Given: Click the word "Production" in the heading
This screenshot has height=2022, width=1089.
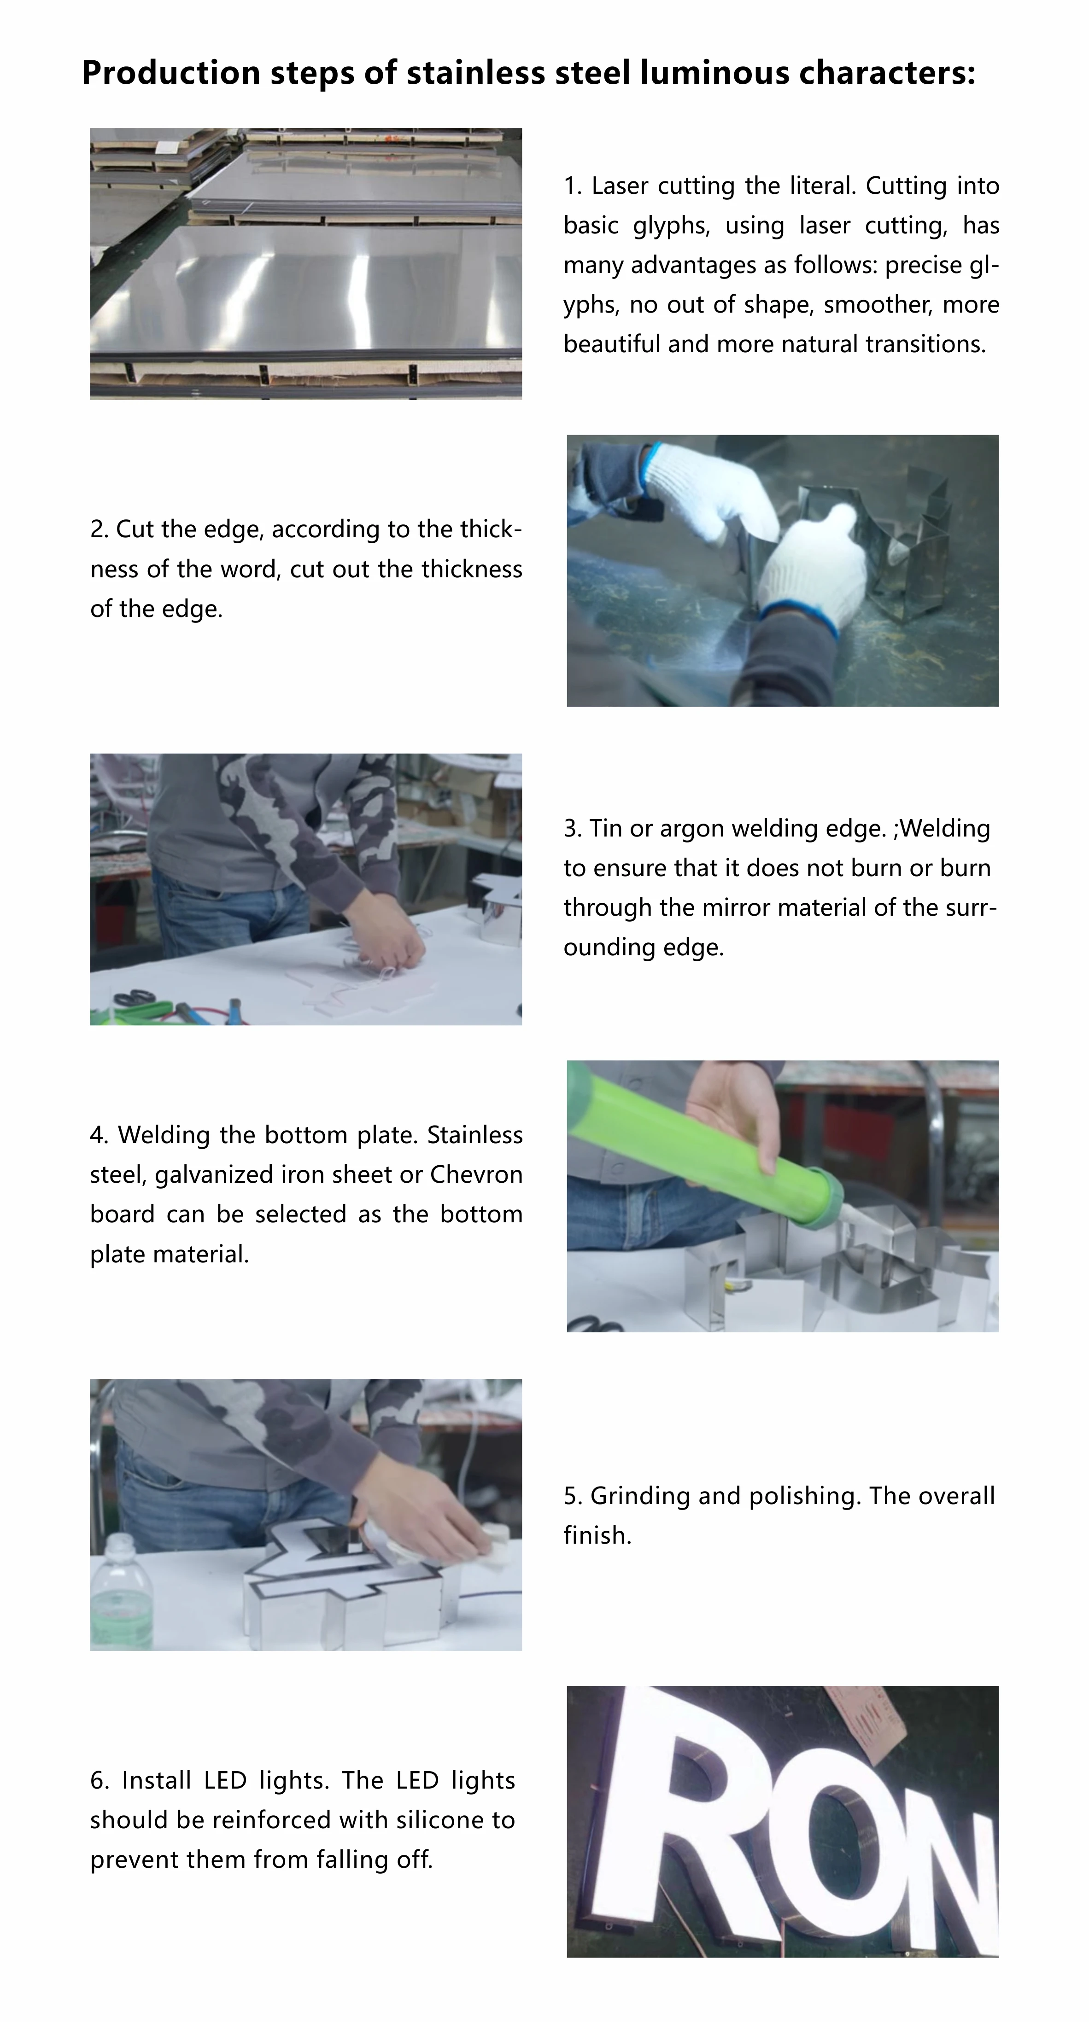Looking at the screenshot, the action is click(x=171, y=73).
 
